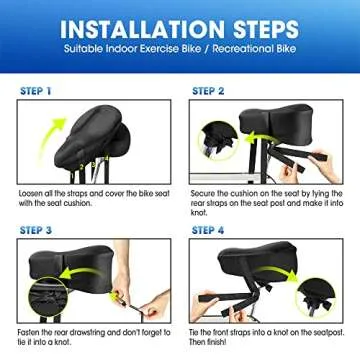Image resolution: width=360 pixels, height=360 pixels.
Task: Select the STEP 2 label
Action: pos(211,90)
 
